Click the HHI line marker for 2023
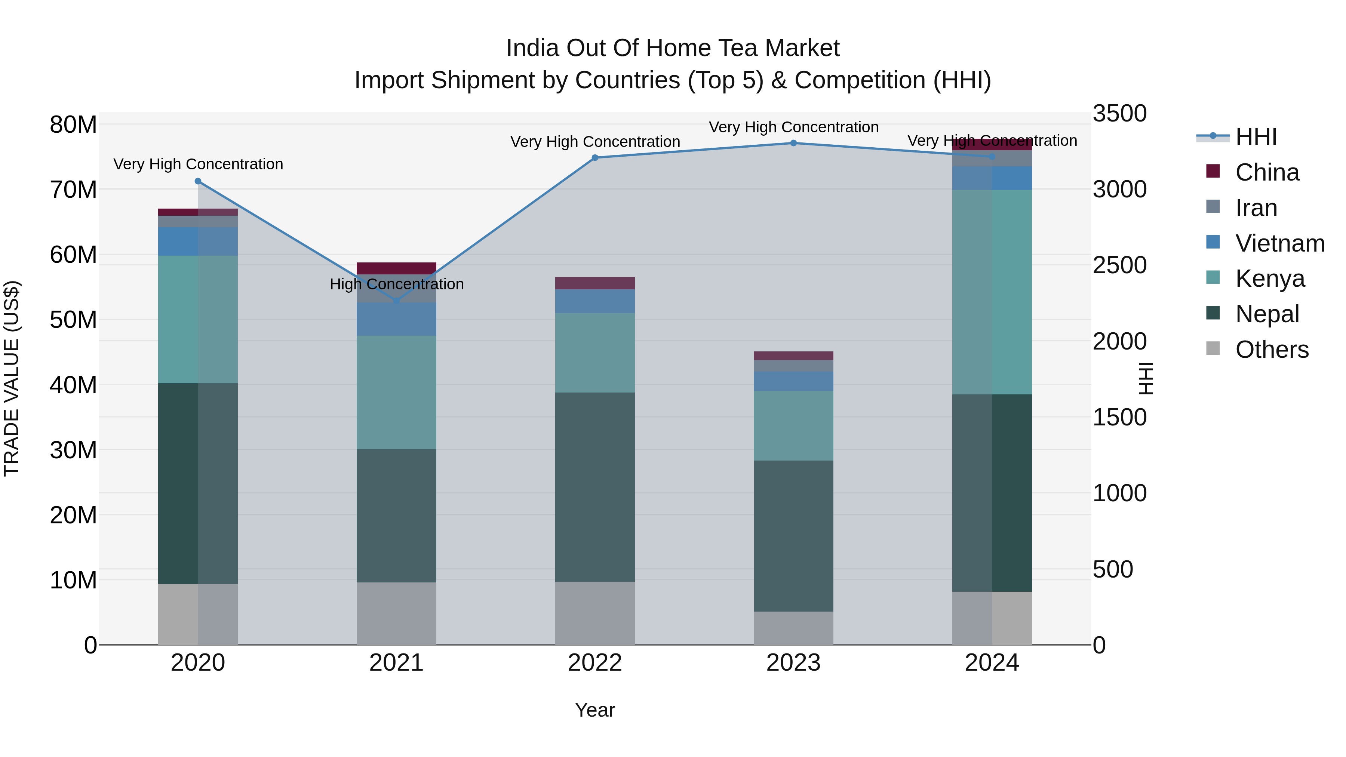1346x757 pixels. tap(793, 143)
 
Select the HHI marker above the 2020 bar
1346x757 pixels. tap(197, 181)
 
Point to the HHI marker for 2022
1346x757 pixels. tap(594, 157)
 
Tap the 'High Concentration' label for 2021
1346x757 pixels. tap(397, 284)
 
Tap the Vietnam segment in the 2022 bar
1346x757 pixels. tap(594, 301)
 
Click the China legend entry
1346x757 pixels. tap(1267, 172)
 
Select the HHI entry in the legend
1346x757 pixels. tap(1256, 137)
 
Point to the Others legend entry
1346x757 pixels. tap(1271, 349)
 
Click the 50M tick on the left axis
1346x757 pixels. tap(73, 320)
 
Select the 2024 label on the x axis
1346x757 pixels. tap(991, 662)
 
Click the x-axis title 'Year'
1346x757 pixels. tap(594, 710)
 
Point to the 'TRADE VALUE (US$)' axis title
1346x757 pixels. tap(12, 378)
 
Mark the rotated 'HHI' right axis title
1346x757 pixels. tap(1145, 378)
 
